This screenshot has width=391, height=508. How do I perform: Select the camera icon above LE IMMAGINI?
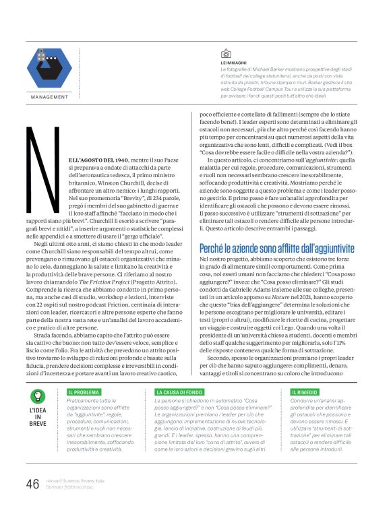pos(226,53)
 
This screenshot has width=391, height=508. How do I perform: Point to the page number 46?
pos(32,484)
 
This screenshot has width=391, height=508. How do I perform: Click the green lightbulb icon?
pos(38,396)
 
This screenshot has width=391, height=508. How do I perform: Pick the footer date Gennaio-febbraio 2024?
pos(69,487)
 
